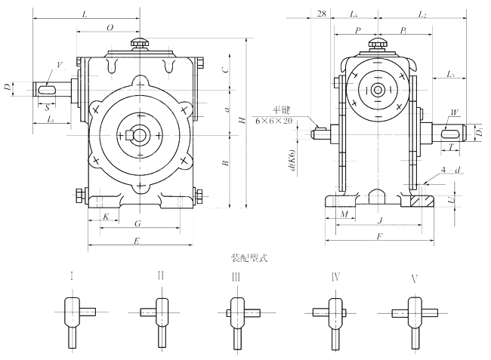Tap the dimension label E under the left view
coord(136,241)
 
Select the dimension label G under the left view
coord(137,224)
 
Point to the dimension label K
coord(106,217)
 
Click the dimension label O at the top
coord(110,27)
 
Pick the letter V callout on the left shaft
coord(60,66)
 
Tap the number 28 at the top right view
coord(321,14)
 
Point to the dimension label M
coord(344,215)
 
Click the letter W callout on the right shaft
coord(453,113)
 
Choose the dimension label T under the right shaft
coord(450,148)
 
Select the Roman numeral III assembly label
coord(236,278)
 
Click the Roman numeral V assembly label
coord(414,278)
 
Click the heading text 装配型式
coord(246,257)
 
